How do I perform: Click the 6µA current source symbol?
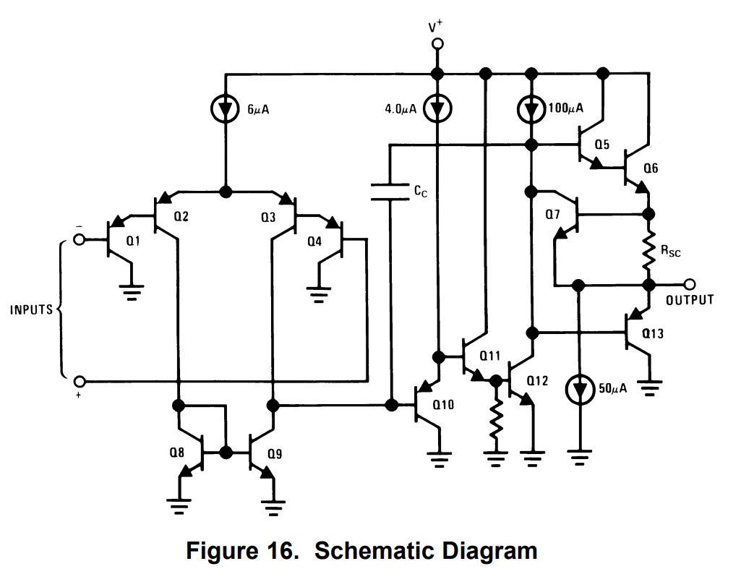coord(225,108)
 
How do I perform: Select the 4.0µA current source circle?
coord(437,108)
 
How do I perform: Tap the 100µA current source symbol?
coord(531,109)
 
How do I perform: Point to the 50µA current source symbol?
coord(579,390)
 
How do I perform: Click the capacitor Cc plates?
coord(390,192)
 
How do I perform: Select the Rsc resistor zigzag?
coord(649,249)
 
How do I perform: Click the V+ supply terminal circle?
coord(437,44)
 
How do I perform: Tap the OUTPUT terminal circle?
coord(690,284)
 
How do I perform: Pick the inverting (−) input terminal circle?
coord(80,239)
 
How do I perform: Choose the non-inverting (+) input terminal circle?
coord(80,381)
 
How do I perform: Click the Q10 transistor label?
coord(443,404)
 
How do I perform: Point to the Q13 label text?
coord(653,333)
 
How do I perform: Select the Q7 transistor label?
coord(552,215)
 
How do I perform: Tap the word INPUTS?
coord(31,309)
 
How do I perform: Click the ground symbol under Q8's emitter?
coord(179,506)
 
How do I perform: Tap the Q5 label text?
coord(601,144)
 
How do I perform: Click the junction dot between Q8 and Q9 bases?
coord(226,453)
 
